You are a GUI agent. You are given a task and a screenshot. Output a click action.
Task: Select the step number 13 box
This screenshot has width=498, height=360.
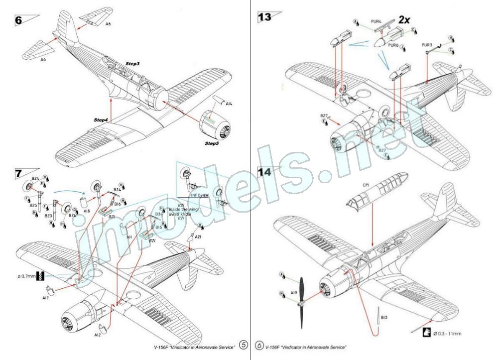coord(264,16)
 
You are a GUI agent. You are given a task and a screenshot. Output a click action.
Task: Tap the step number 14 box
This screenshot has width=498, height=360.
coord(264,171)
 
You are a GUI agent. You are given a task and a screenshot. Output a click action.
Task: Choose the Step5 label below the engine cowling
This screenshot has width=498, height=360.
coord(213,143)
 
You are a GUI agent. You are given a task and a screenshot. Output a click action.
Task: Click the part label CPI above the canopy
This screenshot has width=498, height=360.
coord(367,184)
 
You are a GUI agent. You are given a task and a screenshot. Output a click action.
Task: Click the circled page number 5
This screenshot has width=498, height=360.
coord(243,344)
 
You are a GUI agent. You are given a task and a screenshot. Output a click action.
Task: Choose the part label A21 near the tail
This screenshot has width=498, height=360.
coord(197,237)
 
